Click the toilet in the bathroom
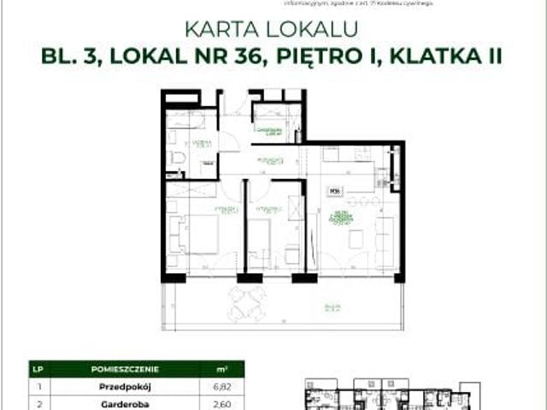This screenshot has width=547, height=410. point(176,159)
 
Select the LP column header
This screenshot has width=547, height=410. point(38,368)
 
